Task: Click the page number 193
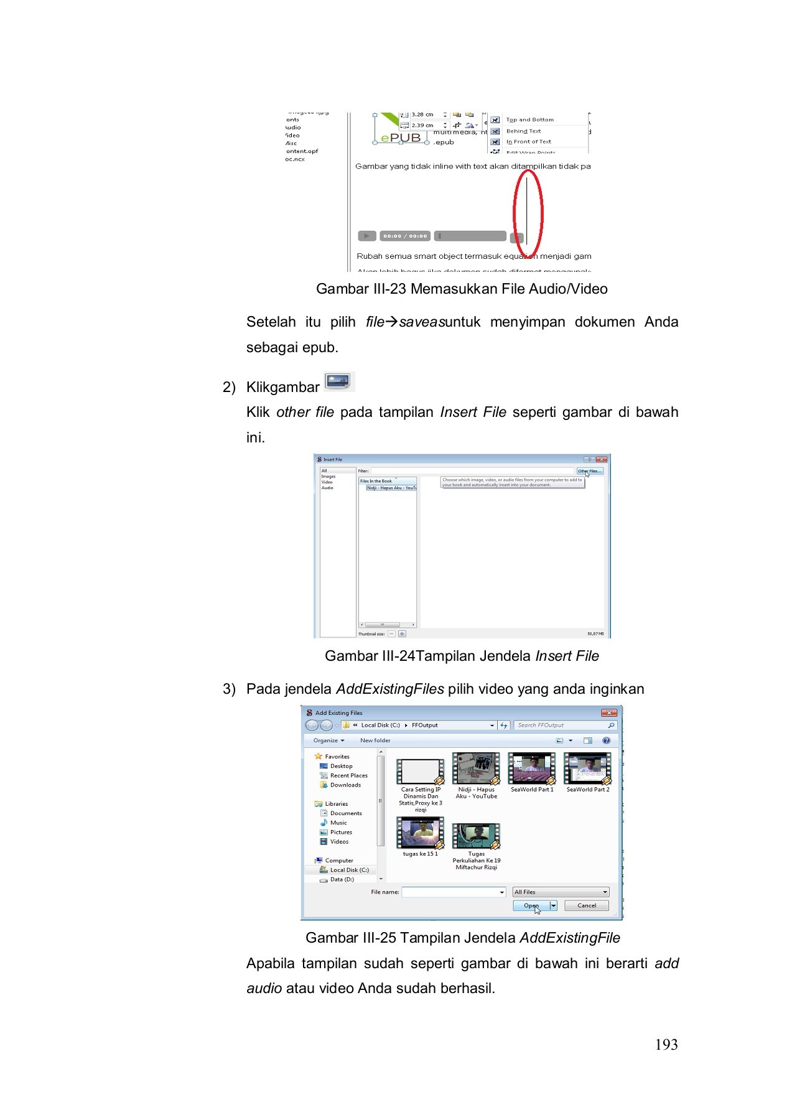(666, 1045)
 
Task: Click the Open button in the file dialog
(531, 906)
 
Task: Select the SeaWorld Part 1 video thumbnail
(532, 769)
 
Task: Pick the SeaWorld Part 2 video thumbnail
(587, 769)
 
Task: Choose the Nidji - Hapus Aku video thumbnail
(476, 769)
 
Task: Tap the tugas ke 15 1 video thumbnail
(421, 834)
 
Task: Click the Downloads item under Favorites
(345, 785)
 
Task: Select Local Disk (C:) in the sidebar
(349, 870)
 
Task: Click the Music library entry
(338, 823)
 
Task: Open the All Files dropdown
(560, 892)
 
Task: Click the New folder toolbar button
(375, 740)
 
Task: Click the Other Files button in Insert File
(589, 471)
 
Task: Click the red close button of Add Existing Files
(608, 713)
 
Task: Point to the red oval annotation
(528, 213)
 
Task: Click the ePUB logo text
(401, 138)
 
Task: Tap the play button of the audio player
(366, 236)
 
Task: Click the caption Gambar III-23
(462, 289)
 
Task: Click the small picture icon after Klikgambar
(338, 381)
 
